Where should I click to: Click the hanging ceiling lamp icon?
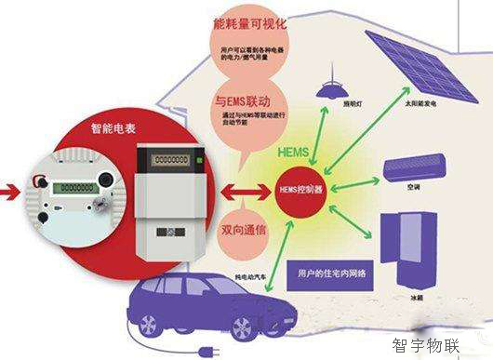click(326, 89)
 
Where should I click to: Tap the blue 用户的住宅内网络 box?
click(331, 271)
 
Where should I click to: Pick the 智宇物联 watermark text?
click(426, 346)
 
